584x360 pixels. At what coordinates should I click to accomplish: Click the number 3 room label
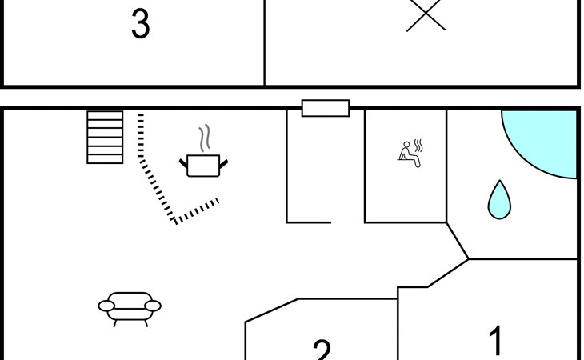point(140,25)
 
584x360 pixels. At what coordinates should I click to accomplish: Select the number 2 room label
point(322,350)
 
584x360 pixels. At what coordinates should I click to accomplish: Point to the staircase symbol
point(105,138)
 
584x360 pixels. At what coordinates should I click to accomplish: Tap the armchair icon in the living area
point(130,306)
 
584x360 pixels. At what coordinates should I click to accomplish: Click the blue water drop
point(499,200)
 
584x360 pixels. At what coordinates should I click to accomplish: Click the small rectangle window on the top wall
point(325,108)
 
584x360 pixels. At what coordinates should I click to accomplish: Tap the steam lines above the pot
point(206,138)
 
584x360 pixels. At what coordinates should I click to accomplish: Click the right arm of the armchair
point(153,305)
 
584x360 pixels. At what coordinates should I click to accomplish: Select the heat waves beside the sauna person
point(418,146)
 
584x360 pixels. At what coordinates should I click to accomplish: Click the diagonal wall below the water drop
point(457,241)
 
